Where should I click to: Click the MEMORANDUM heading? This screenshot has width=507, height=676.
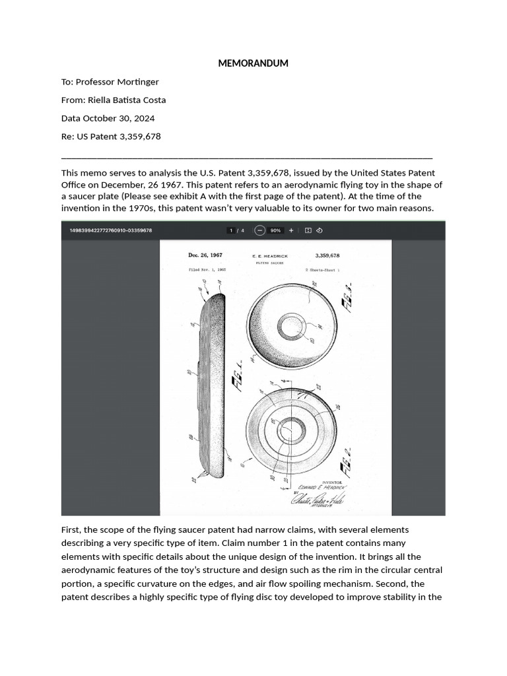pos(253,63)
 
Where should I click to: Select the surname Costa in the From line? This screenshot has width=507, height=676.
pos(153,100)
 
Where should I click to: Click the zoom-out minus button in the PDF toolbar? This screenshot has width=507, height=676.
pos(259,230)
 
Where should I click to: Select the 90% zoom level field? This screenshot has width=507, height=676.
pos(275,230)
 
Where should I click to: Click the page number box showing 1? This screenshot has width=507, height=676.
pos(231,230)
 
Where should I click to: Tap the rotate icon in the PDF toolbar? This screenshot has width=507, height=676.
pos(319,230)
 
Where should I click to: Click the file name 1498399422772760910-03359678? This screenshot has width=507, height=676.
pos(110,230)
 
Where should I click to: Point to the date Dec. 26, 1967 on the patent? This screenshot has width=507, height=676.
pos(205,255)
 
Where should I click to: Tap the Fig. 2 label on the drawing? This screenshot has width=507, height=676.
pos(346,457)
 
